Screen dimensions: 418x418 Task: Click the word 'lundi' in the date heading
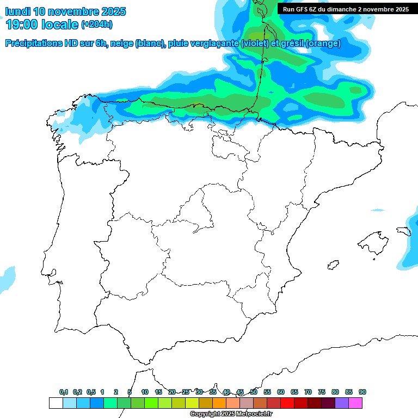click(17, 11)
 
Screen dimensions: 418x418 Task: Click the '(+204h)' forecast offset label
click(97, 24)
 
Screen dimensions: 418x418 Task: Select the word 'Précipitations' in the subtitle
click(35, 44)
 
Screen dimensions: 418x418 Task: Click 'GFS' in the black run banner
click(304, 9)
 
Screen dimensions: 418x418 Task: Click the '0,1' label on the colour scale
click(64, 392)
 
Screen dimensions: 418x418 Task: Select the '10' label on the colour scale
click(145, 392)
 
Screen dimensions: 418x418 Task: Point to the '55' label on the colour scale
click(267, 392)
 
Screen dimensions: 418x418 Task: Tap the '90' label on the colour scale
click(362, 392)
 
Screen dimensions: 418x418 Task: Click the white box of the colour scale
click(56, 403)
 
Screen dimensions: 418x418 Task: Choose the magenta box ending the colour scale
click(355, 403)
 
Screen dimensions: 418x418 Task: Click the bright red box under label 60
click(287, 403)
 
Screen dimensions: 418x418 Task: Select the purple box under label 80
click(342, 403)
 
